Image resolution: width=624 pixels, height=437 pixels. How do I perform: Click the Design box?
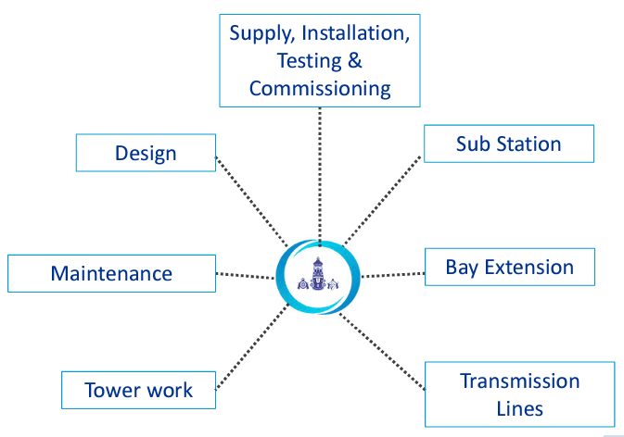point(146,153)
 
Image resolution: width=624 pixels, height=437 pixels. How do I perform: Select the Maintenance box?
point(111,274)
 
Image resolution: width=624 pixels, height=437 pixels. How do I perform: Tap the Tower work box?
point(139,390)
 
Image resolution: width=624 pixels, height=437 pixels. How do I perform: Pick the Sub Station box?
point(508,144)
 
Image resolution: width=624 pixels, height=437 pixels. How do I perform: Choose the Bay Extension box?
point(509,268)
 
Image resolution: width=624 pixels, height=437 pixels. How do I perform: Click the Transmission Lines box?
point(519,393)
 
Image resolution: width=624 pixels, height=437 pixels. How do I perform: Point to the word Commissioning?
point(320,89)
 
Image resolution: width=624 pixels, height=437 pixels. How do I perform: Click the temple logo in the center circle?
point(318,277)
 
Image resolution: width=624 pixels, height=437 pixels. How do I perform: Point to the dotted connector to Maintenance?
point(245,275)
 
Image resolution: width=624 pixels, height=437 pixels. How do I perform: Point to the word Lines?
point(520,407)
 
